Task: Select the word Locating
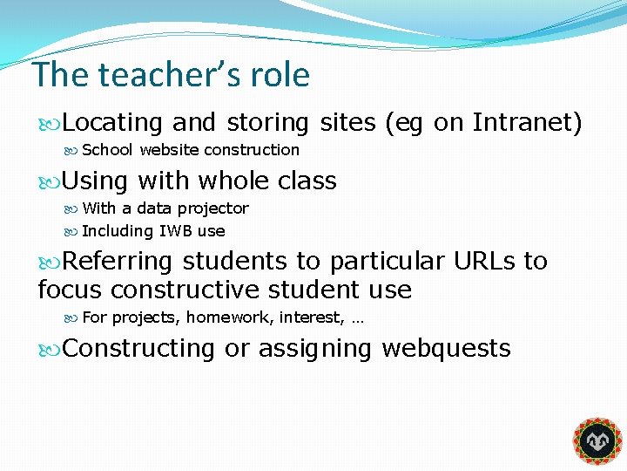(x=113, y=123)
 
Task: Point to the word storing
(x=268, y=123)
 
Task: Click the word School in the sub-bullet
(x=107, y=150)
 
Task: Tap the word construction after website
(x=252, y=150)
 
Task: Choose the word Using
(x=96, y=181)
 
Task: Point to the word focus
(x=71, y=289)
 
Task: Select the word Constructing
(x=138, y=348)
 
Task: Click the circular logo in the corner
(x=597, y=441)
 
